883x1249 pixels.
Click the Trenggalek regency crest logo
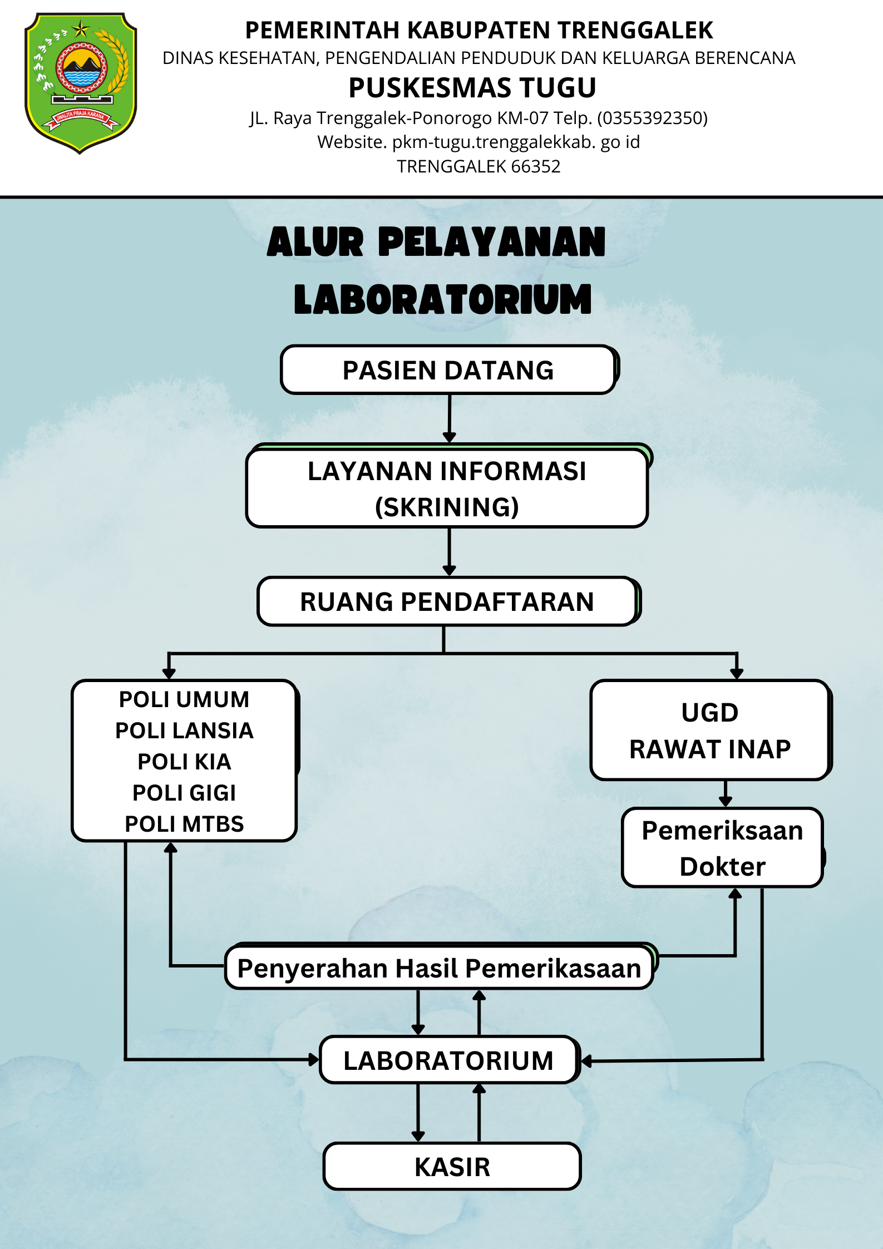pyautogui.click(x=81, y=82)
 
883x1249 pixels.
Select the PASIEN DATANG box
pyautogui.click(x=448, y=370)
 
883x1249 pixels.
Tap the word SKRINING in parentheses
pyautogui.click(x=447, y=507)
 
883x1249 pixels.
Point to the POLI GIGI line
pyautogui.click(x=184, y=793)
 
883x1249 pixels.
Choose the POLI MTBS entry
pyautogui.click(x=184, y=824)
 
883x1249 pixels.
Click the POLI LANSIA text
pyautogui.click(x=184, y=730)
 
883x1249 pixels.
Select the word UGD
pyautogui.click(x=710, y=713)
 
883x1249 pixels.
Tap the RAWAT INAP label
pyautogui.click(x=710, y=749)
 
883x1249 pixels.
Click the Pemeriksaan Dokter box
pyautogui.click(x=722, y=848)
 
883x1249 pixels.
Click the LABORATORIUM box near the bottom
pyautogui.click(x=448, y=1060)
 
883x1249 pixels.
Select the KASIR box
pyautogui.click(x=452, y=1167)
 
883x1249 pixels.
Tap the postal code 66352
pyautogui.click(x=536, y=166)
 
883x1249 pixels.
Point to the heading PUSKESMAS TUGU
pyautogui.click(x=472, y=88)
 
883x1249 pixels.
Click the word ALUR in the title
pyautogui.click(x=315, y=242)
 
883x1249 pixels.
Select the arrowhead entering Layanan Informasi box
pyautogui.click(x=450, y=437)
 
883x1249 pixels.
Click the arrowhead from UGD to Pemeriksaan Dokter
pyautogui.click(x=725, y=801)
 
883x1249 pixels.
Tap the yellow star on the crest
pyautogui.click(x=81, y=28)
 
